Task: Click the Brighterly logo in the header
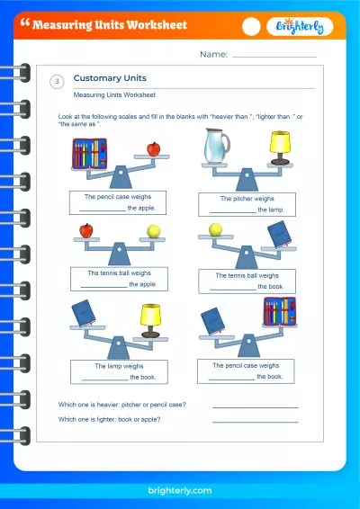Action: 300,26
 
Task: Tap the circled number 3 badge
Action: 58,82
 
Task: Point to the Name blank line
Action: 274,56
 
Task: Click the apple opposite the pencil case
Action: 153,148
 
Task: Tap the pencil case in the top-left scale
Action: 87,153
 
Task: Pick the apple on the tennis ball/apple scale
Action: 86,231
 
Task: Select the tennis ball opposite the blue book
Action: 216,230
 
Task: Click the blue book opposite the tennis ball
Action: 279,235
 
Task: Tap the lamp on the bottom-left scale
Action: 149,316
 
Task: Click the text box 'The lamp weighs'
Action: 119,371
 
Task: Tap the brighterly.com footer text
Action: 179,490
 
